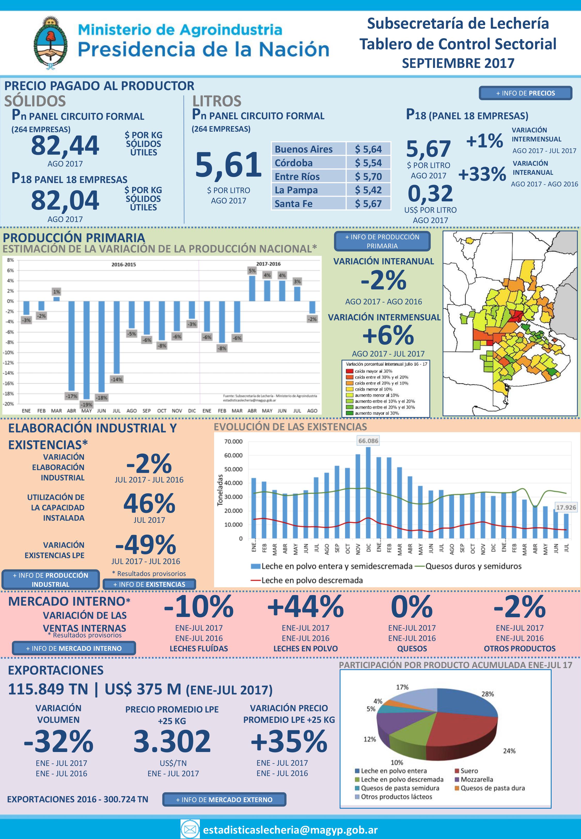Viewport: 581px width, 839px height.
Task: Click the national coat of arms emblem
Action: (50, 43)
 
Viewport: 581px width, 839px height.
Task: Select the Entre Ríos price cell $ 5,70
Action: (368, 177)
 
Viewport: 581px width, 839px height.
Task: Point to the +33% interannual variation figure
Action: (482, 174)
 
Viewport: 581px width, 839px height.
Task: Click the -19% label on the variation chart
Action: (86, 405)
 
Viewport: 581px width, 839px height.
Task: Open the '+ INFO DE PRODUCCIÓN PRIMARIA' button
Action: (382, 241)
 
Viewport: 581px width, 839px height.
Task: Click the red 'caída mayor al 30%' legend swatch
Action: (349, 371)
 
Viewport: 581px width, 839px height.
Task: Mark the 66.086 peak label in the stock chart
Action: (368, 441)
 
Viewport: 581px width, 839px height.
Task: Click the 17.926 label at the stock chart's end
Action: (566, 507)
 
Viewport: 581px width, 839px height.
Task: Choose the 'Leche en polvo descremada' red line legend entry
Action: (307, 580)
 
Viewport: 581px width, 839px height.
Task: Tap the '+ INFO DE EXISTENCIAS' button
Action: (149, 584)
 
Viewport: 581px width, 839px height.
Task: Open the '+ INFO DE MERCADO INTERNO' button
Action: (74, 648)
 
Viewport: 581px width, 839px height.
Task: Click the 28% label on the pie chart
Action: (488, 694)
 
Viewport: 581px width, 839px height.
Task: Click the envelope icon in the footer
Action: (190, 829)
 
